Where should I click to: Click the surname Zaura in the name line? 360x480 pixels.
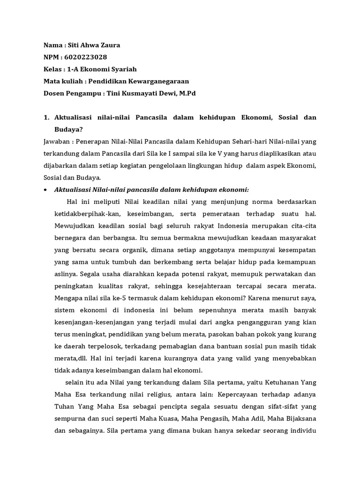[x=110, y=45]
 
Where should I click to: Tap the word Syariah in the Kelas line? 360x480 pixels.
[x=121, y=69]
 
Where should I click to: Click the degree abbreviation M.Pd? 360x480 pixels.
[x=187, y=93]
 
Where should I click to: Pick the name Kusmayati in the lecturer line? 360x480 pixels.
[x=140, y=93]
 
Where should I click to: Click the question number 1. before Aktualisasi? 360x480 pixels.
[x=46, y=117]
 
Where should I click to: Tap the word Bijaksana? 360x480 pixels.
[x=298, y=419]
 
